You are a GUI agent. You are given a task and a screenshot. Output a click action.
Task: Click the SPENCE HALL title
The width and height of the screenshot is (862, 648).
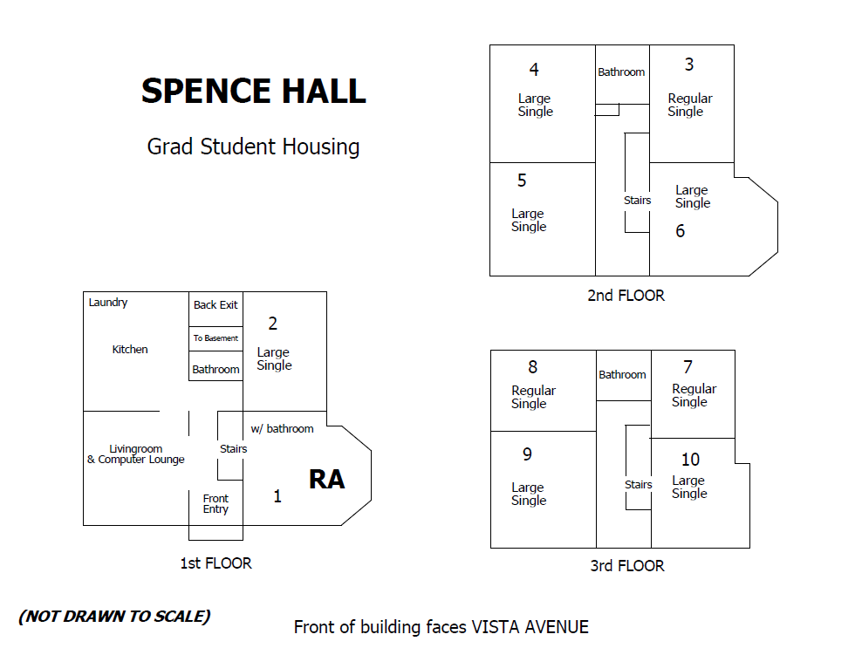point(253,92)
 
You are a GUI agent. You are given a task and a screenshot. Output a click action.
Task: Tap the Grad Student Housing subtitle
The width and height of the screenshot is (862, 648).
point(253,147)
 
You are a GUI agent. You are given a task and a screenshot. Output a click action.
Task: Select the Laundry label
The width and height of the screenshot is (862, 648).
point(108,303)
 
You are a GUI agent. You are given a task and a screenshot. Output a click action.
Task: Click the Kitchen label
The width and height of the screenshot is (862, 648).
point(130,350)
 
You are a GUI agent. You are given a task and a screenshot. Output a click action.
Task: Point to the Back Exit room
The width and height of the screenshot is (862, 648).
point(215,305)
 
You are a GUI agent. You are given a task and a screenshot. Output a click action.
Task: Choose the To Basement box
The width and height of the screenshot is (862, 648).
point(215,338)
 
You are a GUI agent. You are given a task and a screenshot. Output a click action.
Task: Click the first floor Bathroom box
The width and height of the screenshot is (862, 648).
point(215,369)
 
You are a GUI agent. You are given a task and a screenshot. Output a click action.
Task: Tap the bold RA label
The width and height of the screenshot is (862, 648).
point(326,480)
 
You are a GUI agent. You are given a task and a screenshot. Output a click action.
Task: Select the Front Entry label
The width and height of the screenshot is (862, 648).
point(215,504)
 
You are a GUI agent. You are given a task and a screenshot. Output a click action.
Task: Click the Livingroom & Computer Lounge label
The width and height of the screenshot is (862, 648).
point(136,454)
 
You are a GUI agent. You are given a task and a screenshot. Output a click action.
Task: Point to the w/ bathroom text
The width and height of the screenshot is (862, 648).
point(282,428)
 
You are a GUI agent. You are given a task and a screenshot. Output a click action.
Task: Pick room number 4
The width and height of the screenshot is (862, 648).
point(534,70)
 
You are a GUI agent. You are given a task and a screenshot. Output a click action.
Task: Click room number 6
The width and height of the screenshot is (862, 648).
point(681,231)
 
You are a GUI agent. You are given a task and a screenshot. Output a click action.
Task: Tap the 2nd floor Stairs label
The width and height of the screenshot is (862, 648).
point(637,201)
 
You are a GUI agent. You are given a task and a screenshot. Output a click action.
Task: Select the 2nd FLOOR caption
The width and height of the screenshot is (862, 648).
point(626,296)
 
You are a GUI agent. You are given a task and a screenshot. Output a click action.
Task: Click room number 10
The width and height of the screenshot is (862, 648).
point(690,460)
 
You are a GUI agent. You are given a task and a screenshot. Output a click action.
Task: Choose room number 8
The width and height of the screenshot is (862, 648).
point(533,367)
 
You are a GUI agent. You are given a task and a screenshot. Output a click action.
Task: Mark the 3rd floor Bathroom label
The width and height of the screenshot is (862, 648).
point(622,375)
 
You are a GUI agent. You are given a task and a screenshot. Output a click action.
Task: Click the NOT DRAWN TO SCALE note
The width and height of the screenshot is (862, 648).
point(114,617)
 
